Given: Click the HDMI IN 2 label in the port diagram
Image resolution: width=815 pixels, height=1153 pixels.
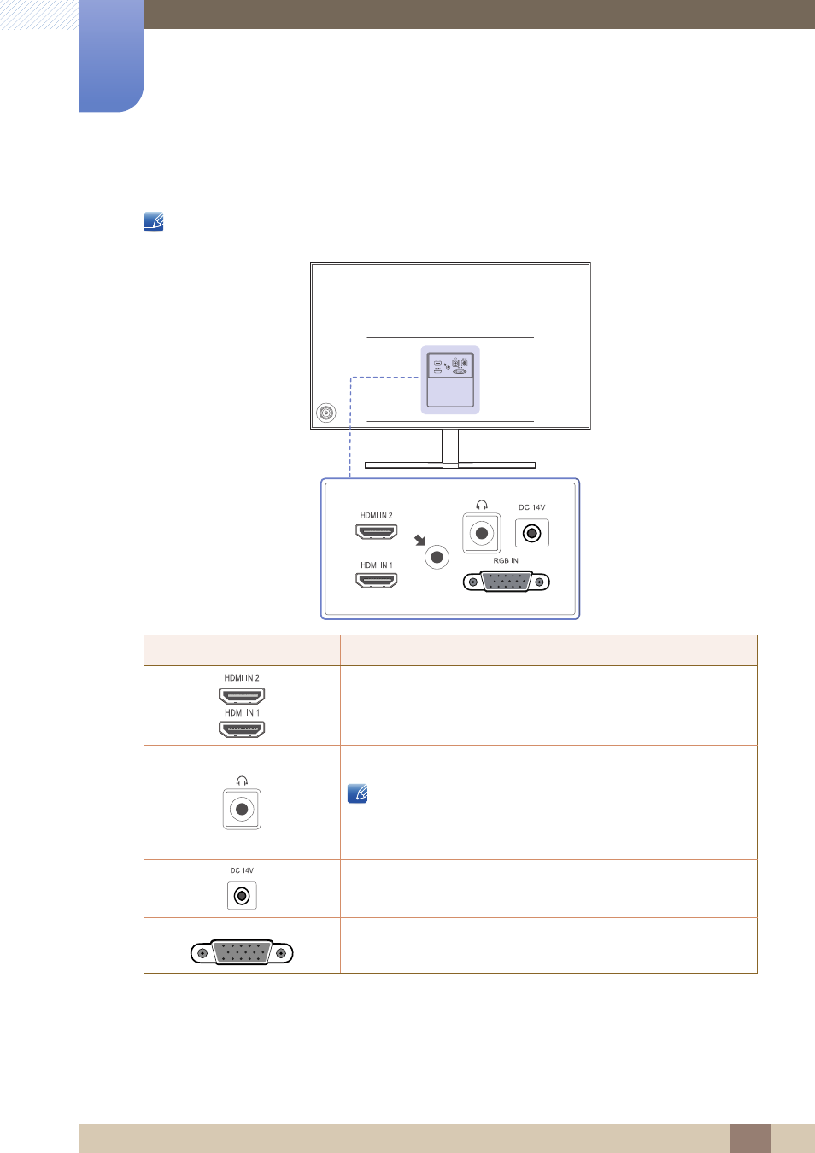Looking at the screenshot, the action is (376, 515).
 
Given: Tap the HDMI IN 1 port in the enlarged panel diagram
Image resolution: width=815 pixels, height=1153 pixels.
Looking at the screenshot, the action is (377, 581).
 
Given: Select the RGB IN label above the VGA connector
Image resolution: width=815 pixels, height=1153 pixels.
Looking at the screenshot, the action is (506, 560).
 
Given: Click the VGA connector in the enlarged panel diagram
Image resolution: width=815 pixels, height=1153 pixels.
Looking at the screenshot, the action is (506, 582).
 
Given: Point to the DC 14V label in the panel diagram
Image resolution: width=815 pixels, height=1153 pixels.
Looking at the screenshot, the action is (532, 507).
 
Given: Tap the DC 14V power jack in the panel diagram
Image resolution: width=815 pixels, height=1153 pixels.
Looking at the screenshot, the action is (532, 533).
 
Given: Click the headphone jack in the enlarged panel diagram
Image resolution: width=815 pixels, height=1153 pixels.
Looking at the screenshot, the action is (481, 533).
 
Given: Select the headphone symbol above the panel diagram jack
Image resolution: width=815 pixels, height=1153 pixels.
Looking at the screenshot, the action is (481, 505).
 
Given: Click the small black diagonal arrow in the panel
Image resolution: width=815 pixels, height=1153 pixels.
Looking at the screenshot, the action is (420, 540).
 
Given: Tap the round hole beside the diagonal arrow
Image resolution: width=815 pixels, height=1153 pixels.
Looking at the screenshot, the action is (437, 558).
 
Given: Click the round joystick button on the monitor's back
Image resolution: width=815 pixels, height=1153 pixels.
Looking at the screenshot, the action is (325, 413).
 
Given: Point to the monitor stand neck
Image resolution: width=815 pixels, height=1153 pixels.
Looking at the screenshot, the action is (450, 447).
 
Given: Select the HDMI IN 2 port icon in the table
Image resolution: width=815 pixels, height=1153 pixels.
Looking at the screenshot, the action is (242, 696).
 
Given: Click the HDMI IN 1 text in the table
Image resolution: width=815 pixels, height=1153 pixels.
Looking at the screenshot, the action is (242, 713).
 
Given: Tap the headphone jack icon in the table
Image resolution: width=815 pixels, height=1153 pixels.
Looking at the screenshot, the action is (242, 809).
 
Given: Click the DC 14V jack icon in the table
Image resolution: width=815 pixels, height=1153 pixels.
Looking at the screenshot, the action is (242, 896).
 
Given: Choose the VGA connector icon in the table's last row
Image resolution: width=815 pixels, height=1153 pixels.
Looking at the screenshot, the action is (242, 952).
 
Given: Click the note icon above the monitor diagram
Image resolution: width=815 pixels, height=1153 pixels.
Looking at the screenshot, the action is (154, 222).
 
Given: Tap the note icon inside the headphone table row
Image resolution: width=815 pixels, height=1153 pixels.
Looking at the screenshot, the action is (357, 793).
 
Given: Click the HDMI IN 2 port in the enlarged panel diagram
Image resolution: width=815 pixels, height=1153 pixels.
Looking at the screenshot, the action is (377, 532).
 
